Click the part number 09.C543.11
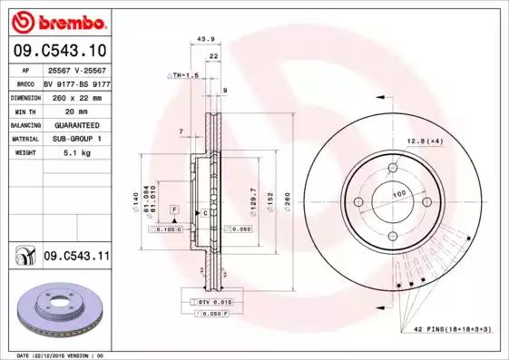click(x=76, y=258)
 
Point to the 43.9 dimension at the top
click(x=205, y=39)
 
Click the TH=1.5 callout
click(x=185, y=75)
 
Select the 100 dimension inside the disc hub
click(x=397, y=194)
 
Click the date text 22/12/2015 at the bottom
click(x=54, y=355)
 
